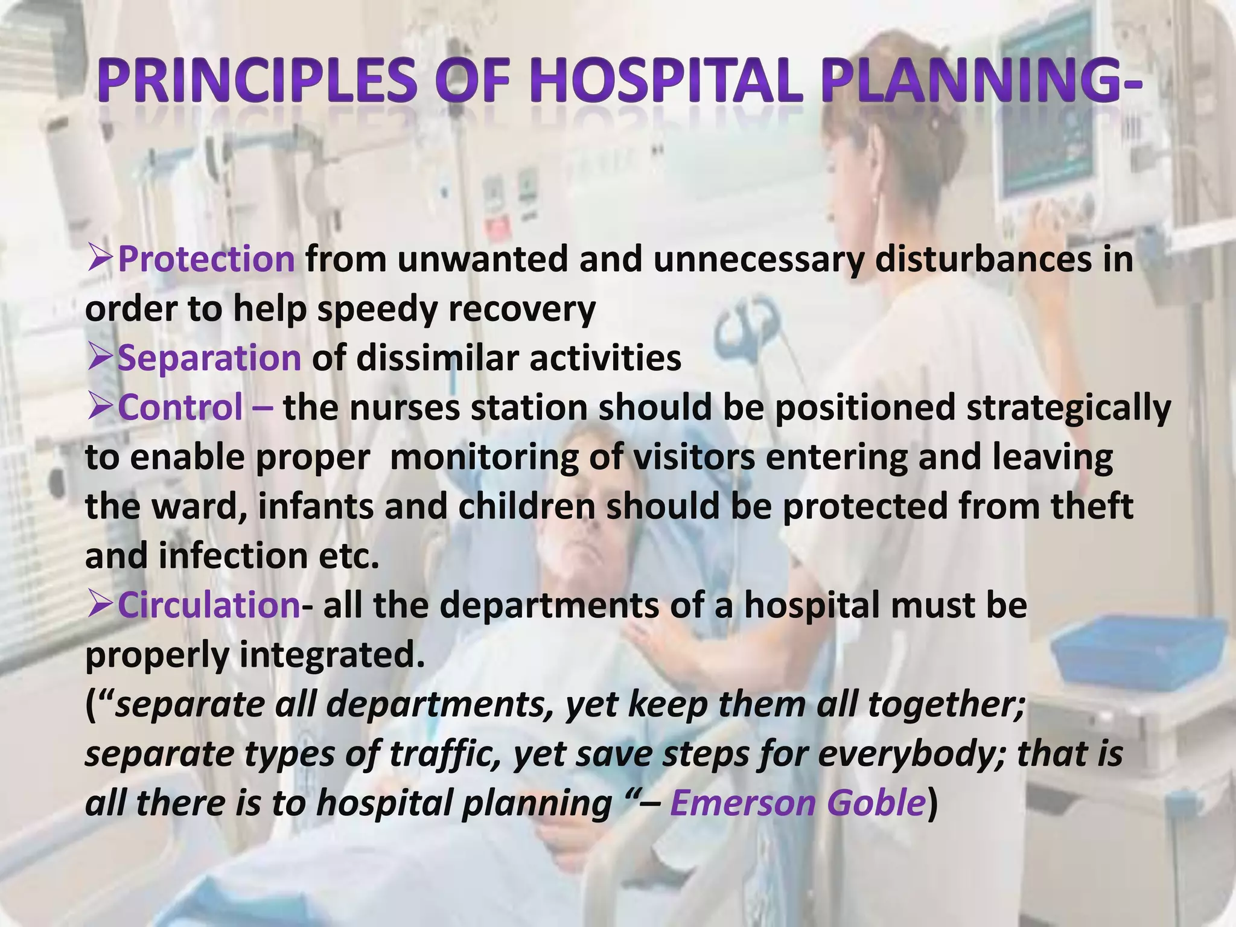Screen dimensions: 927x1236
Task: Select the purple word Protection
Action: point(206,260)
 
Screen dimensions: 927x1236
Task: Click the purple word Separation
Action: point(209,358)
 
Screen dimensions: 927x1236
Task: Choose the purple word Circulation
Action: point(208,605)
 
